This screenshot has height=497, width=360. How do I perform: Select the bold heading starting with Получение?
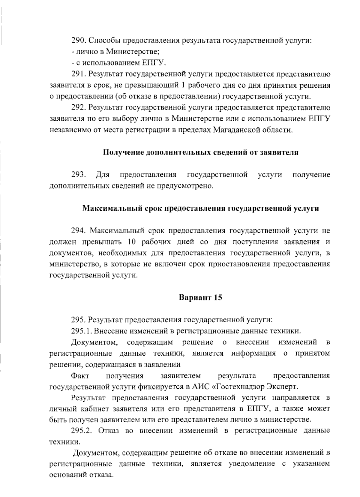pyautogui.click(x=201, y=152)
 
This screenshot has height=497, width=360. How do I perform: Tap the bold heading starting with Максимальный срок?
pyautogui.click(x=201, y=208)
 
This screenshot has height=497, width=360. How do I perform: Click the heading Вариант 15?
pyautogui.click(x=200, y=298)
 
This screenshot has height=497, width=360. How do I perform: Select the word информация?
pyautogui.click(x=253, y=353)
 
